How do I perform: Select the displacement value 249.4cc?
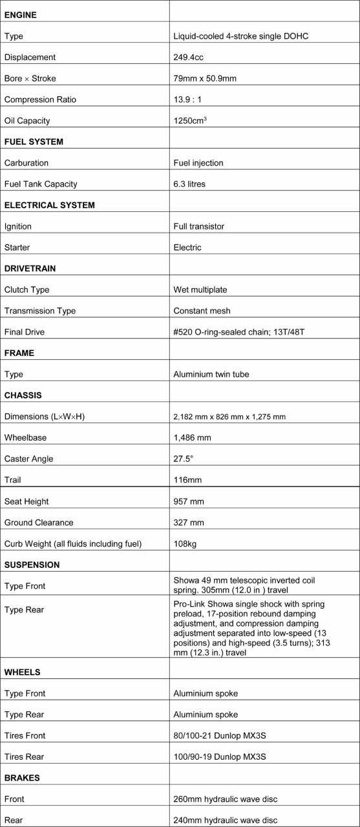(x=189, y=57)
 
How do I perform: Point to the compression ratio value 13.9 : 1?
(x=191, y=99)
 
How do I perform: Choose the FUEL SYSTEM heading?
(x=34, y=141)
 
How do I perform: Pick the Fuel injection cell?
(x=198, y=163)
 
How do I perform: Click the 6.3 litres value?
(x=189, y=184)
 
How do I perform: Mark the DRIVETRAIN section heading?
(x=32, y=268)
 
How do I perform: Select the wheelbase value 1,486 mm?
(x=193, y=437)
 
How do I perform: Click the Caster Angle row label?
(x=29, y=459)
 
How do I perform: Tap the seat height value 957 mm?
(x=189, y=501)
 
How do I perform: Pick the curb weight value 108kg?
(x=185, y=543)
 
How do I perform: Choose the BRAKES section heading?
(x=22, y=778)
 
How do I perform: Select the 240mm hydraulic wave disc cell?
(x=225, y=820)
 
